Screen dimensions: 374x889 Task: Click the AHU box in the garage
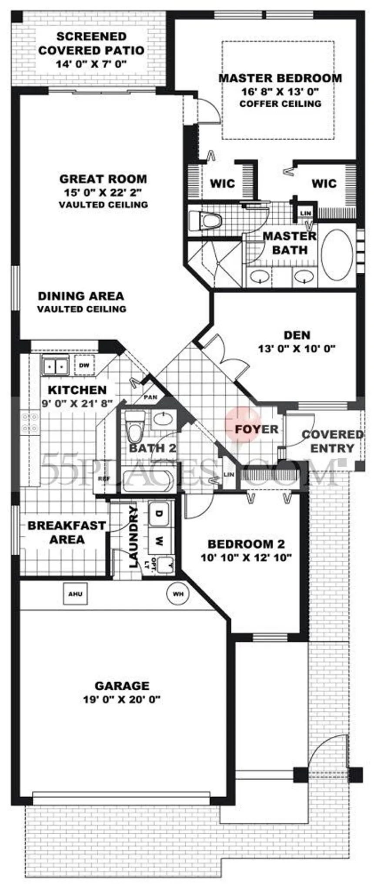(75, 594)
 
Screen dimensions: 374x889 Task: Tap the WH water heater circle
(177, 594)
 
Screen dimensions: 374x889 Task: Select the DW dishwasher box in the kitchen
(84, 366)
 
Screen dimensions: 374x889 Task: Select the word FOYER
(257, 429)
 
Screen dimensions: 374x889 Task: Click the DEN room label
(297, 335)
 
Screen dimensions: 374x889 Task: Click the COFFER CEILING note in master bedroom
(280, 104)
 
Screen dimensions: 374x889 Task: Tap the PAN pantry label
(150, 397)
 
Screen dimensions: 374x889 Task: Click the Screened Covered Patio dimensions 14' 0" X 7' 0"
(91, 64)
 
